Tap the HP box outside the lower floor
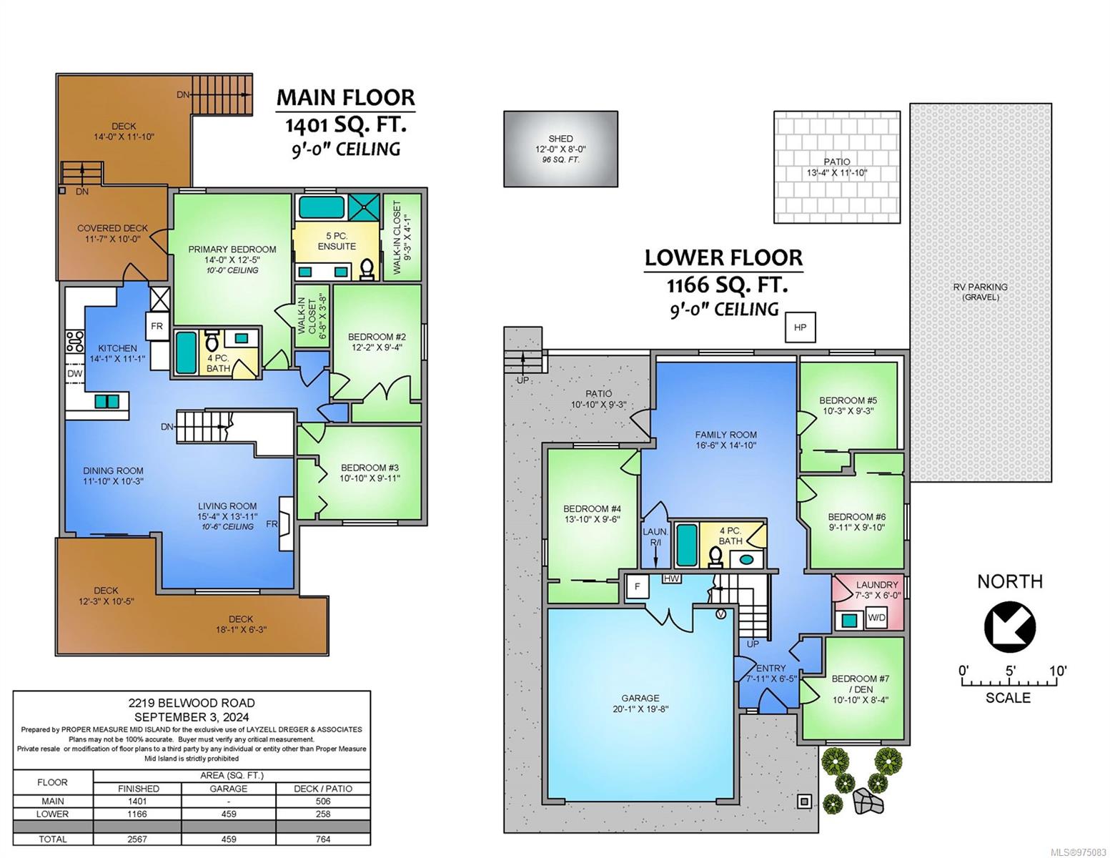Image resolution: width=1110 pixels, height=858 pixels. point(800,327)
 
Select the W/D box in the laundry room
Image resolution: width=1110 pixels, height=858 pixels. point(876,617)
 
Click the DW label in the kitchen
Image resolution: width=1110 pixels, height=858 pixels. point(74,373)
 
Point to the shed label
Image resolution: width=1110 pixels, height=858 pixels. point(560,139)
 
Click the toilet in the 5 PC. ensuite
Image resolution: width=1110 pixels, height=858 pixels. point(366,269)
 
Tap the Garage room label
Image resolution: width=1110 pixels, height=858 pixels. point(640,698)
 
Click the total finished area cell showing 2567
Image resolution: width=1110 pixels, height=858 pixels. point(137,839)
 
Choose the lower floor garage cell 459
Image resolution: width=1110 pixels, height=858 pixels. point(228,814)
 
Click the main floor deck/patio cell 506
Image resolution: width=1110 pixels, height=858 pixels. point(323,802)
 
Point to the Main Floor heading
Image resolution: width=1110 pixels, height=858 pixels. point(345,98)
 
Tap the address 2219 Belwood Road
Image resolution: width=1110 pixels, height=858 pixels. point(192,703)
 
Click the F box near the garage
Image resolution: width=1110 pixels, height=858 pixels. point(637,586)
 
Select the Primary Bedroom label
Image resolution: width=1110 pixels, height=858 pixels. point(232,250)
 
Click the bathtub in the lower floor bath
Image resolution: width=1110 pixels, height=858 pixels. point(687,545)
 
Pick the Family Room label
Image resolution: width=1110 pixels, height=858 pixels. point(725,435)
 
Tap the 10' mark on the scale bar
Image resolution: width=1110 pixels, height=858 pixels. point(1057,671)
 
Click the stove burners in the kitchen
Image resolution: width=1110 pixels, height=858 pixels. point(75,342)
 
